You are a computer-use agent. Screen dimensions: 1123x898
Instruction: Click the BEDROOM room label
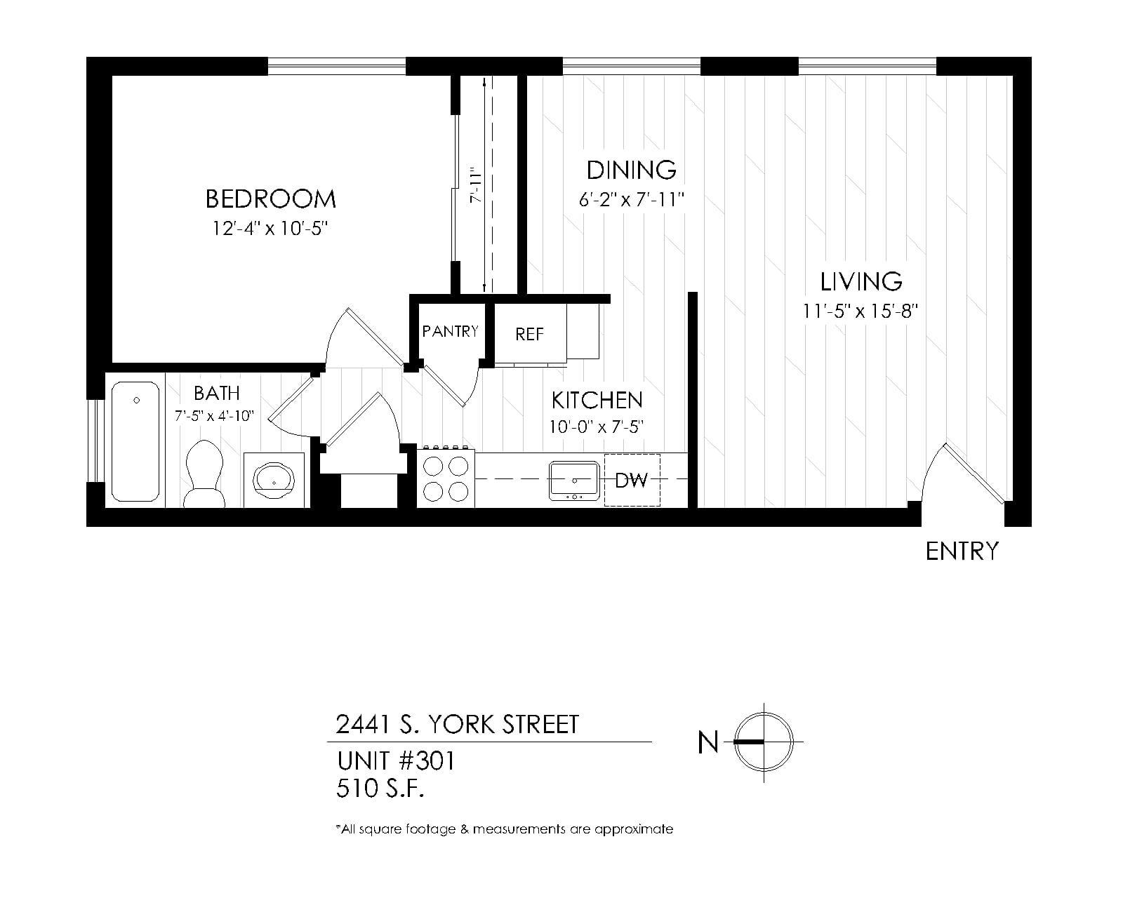[x=270, y=199]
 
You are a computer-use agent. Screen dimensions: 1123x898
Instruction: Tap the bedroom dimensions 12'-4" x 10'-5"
[x=270, y=229]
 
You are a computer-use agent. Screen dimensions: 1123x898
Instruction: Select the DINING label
[x=632, y=170]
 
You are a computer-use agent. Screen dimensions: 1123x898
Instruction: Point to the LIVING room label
[x=861, y=282]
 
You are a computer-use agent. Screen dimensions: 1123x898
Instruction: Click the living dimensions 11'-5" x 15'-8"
[x=860, y=311]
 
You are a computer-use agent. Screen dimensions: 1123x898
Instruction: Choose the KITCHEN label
[x=597, y=401]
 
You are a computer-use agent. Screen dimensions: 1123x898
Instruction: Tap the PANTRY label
[x=450, y=331]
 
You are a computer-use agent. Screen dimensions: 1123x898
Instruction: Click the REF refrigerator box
[x=530, y=333]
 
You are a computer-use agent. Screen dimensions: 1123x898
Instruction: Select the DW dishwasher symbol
[x=632, y=480]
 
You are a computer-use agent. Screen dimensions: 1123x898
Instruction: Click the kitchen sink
[x=574, y=481]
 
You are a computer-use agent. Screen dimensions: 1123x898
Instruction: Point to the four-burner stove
[x=446, y=478]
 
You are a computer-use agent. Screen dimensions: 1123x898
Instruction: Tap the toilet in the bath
[x=204, y=474]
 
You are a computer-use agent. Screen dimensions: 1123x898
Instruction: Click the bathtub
[x=135, y=441]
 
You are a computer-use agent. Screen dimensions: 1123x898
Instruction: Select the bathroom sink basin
[x=274, y=479]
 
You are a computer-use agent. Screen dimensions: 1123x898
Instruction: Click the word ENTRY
[x=962, y=551]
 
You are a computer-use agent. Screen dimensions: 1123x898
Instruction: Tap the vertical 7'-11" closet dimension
[x=475, y=185]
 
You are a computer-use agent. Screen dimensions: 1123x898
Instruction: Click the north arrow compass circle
[x=764, y=742]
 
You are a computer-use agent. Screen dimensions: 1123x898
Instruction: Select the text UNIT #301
[x=396, y=761]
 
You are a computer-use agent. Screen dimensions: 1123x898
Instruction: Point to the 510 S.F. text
[x=380, y=789]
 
